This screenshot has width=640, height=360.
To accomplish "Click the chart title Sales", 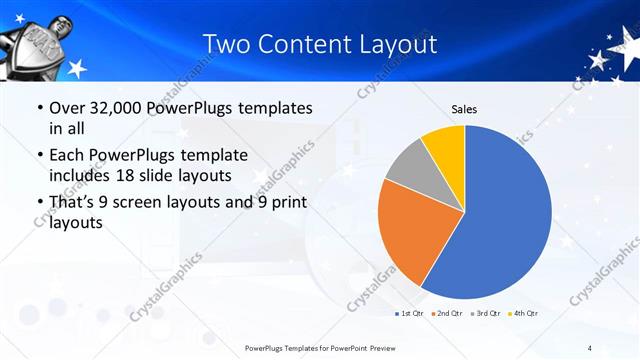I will (x=464, y=108).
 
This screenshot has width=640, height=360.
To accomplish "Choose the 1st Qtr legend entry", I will (x=409, y=313).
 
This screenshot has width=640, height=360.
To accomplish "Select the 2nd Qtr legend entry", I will (x=446, y=313).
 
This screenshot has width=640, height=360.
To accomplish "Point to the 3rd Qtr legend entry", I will (x=484, y=313).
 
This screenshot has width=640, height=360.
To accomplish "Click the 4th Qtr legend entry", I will (x=522, y=313).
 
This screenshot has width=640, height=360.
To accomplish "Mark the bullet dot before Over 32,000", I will (x=39, y=108).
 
